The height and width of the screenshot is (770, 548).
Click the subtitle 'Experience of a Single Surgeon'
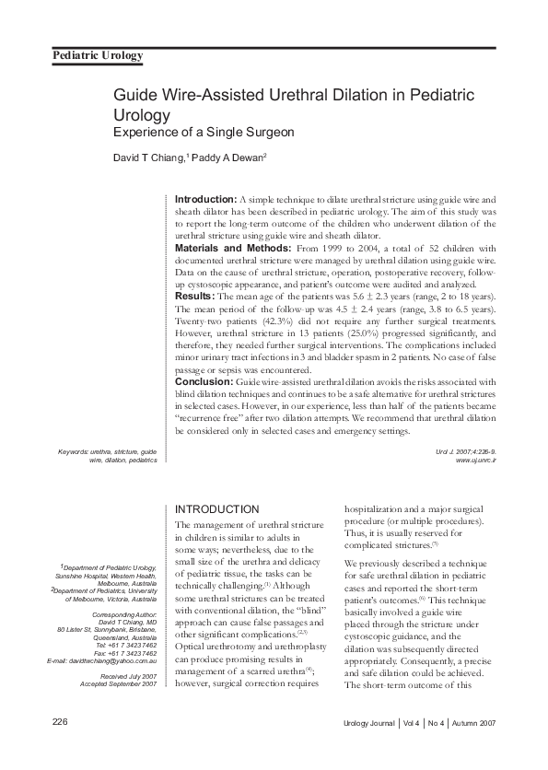point(204,132)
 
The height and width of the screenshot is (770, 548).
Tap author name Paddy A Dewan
point(227,157)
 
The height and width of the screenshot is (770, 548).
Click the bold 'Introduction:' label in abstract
point(205,199)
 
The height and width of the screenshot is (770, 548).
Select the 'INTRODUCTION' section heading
point(216,509)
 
